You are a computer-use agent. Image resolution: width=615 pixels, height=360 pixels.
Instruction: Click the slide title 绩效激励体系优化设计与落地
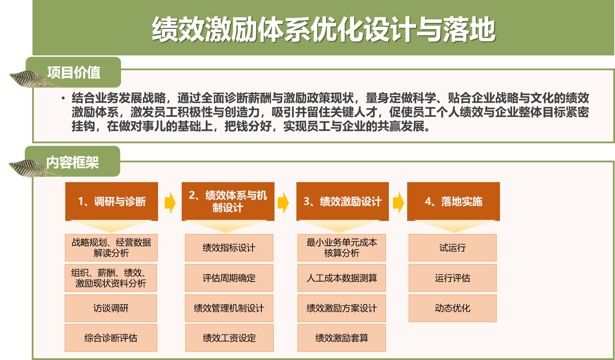pos(324,29)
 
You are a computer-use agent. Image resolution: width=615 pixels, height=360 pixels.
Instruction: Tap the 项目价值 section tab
pos(73,72)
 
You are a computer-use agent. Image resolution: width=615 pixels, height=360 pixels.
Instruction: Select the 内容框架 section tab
pos(73,162)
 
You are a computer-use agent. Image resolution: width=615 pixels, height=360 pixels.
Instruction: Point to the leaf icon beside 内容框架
pos(34,168)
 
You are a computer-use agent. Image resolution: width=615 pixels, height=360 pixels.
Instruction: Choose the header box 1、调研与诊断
pos(111,202)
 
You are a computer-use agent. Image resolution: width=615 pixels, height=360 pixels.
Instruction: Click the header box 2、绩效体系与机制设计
pos(228,202)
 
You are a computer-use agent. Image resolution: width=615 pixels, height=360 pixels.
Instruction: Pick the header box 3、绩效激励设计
pos(343,202)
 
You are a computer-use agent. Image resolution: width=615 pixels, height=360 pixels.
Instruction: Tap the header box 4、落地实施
pos(453,202)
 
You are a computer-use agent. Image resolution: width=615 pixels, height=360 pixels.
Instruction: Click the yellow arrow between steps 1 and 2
pos(170,203)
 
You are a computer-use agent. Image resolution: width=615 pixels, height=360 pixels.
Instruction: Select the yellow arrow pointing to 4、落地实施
pos(398,203)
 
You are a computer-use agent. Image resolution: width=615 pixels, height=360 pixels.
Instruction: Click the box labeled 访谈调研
pos(111,308)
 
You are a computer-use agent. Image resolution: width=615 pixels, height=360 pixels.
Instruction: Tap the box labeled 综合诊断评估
pos(111,338)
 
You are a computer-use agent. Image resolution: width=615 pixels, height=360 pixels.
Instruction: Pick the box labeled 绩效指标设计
pos(229,248)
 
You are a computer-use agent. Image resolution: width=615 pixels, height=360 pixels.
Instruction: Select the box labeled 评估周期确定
pos(229,278)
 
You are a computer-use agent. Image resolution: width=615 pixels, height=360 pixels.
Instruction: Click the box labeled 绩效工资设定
pos(229,338)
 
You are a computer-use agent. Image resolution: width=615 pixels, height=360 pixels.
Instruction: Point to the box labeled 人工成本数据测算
pos(342,278)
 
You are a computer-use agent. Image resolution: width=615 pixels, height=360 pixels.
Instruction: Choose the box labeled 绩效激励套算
pos(342,338)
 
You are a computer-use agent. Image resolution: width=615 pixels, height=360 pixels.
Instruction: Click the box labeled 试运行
pos(453,248)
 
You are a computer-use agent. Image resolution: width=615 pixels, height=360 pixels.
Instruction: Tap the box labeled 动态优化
pos(453,308)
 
